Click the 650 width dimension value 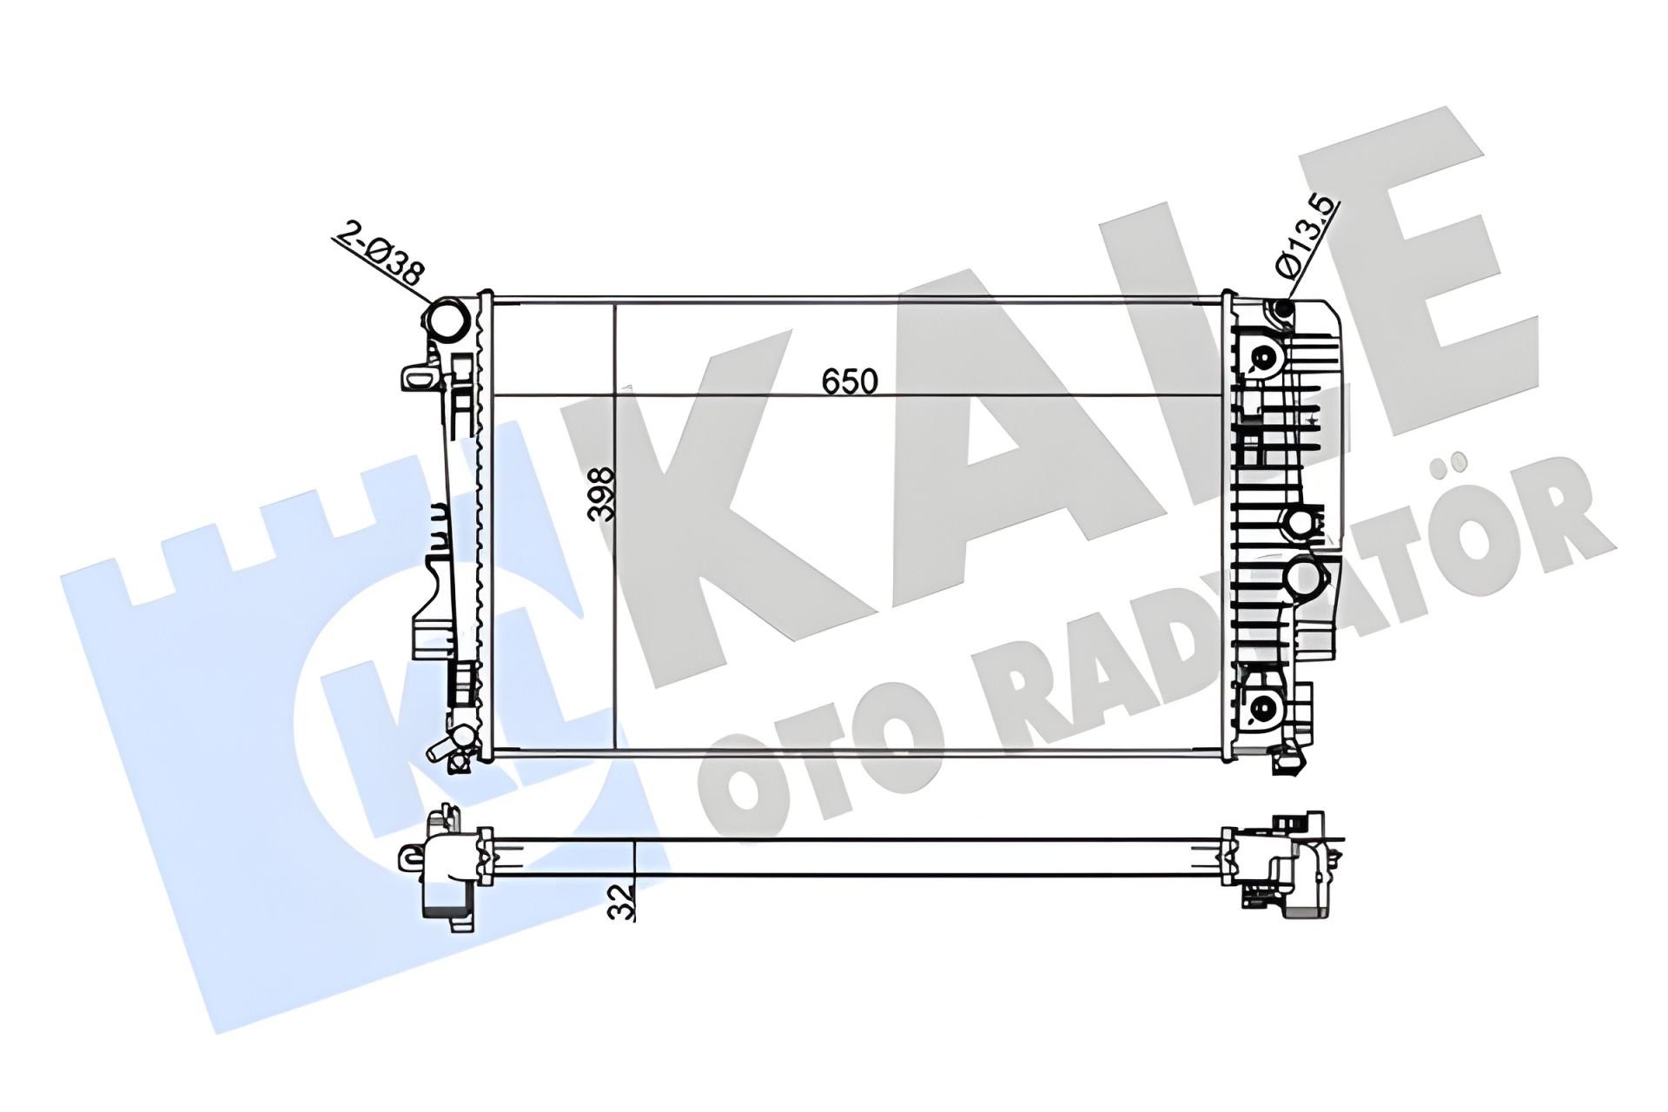tap(850, 381)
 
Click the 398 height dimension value tap(601, 494)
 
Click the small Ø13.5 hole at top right tap(1284, 308)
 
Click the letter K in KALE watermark tap(686, 486)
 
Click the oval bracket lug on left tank tap(418, 379)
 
